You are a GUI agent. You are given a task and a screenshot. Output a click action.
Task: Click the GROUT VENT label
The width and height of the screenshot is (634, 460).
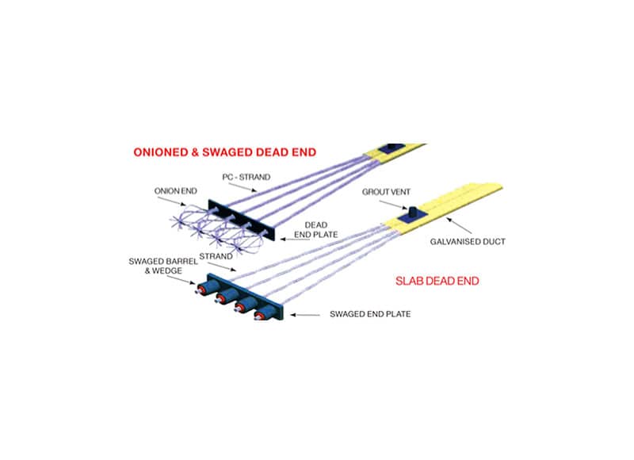click(x=384, y=192)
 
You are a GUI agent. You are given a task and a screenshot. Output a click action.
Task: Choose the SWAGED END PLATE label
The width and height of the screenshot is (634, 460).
click(x=369, y=314)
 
